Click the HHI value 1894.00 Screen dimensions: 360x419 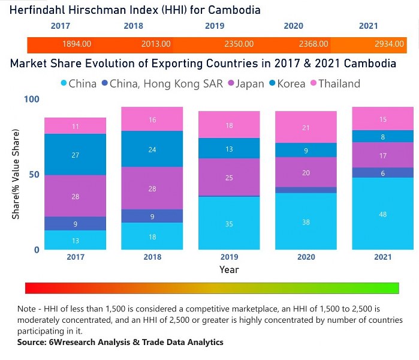pos(77,44)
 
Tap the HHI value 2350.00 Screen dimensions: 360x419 pos(239,44)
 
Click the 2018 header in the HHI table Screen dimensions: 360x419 pos(133,26)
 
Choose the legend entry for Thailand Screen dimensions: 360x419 pos(338,83)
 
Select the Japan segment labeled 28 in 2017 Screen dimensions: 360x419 pos(76,196)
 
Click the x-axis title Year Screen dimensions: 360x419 pos(228,269)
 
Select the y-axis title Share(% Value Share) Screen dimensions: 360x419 pos(16,174)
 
